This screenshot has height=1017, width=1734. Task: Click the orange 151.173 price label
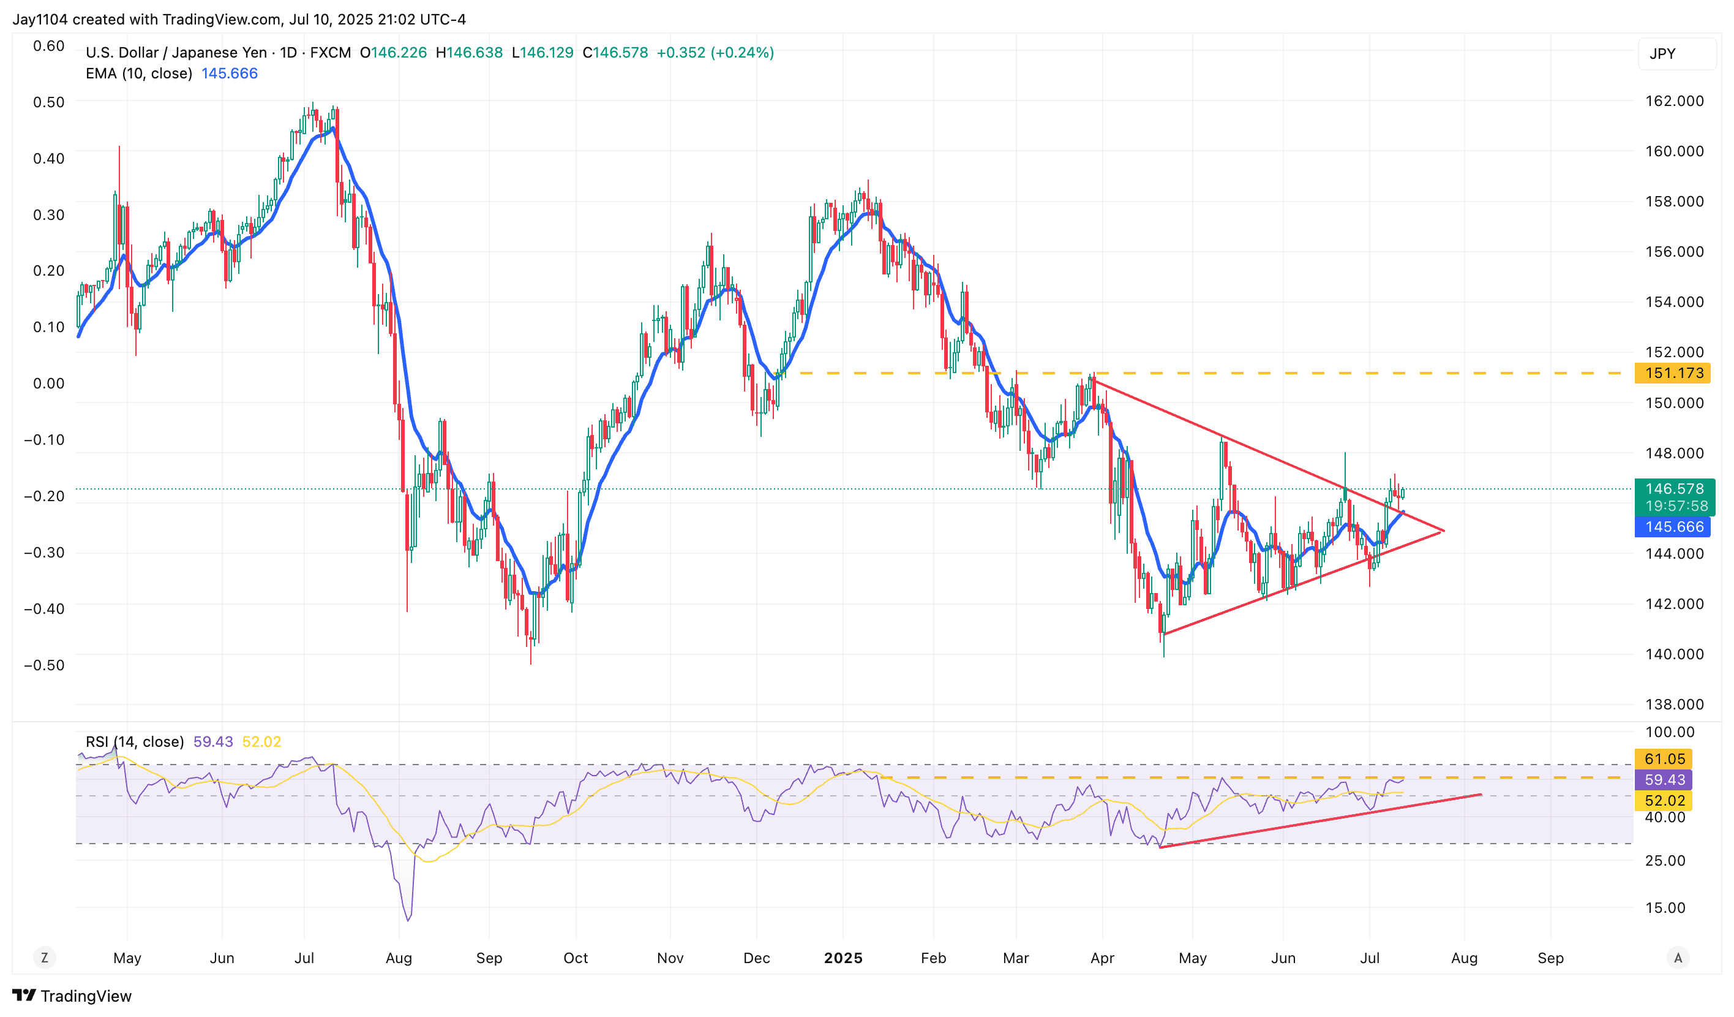click(1673, 373)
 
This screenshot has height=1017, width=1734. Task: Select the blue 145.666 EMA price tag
click(1673, 527)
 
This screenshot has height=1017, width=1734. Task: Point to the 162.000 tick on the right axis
click(1673, 101)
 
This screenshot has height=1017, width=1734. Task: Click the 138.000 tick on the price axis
click(1673, 705)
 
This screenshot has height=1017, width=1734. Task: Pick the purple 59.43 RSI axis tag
click(1664, 779)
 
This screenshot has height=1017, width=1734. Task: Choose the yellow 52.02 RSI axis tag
click(1664, 800)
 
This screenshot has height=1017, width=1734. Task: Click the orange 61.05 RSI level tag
click(1664, 759)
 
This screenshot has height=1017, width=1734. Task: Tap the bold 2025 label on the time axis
click(843, 958)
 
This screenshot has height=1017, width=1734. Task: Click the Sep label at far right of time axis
click(1550, 958)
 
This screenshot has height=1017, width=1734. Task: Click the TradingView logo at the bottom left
click(72, 996)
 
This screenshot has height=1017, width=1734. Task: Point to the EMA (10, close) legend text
click(138, 74)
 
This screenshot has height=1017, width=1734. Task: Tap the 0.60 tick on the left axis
click(49, 46)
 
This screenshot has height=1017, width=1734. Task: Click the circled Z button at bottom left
click(45, 958)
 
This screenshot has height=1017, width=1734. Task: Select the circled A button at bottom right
click(1678, 958)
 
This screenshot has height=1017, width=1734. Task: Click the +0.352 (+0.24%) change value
click(715, 53)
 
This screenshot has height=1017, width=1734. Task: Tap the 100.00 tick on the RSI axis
click(1664, 732)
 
